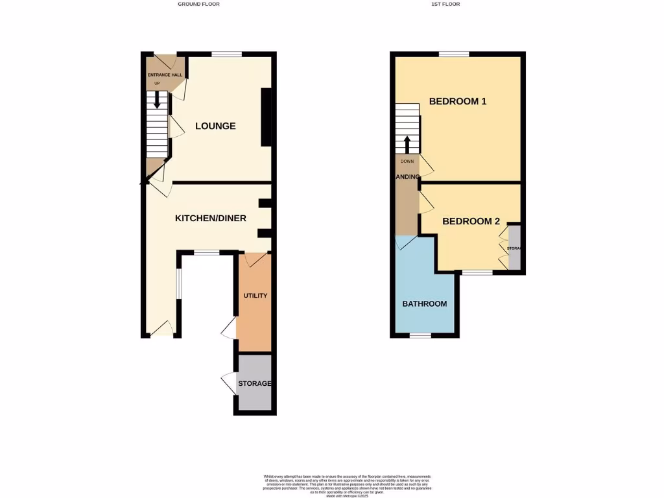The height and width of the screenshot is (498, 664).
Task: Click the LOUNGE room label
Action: (x=215, y=126)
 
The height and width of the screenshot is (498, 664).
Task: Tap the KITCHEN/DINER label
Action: (x=211, y=219)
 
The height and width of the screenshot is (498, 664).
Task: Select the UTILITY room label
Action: (x=255, y=296)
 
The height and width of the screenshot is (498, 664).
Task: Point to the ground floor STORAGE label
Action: (x=255, y=383)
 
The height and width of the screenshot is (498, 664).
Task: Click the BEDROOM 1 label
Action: (x=458, y=101)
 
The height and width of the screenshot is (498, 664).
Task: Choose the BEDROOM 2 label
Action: (x=471, y=221)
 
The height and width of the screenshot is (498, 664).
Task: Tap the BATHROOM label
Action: (x=425, y=303)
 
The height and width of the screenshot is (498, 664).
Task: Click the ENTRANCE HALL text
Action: (x=164, y=75)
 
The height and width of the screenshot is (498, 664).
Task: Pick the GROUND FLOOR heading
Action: (x=198, y=4)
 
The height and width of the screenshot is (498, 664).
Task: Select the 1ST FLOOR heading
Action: (x=445, y=4)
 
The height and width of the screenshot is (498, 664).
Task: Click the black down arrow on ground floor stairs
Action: (x=157, y=101)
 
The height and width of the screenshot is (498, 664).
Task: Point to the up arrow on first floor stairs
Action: (x=407, y=143)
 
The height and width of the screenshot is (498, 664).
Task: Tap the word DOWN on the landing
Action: (x=407, y=161)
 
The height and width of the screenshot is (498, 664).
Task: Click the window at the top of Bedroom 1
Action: (x=454, y=54)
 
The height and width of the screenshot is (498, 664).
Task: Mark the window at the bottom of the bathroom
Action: (x=420, y=335)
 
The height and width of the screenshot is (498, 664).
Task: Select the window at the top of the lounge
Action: (x=227, y=54)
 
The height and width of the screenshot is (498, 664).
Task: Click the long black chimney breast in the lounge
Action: (x=266, y=117)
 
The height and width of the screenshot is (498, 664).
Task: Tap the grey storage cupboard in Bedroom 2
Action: (x=515, y=247)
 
